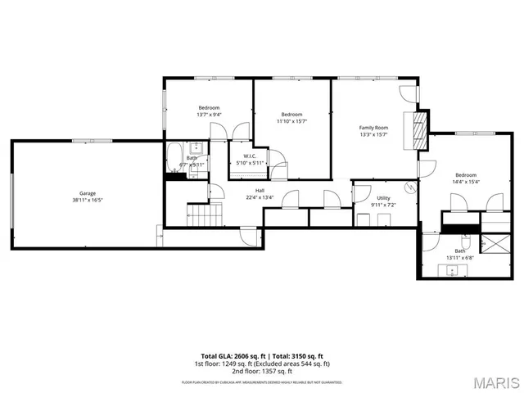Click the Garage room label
pos(87,193)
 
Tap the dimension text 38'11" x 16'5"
pos(87,200)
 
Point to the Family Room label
pos(373,128)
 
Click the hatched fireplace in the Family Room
pos(420,128)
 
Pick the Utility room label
pos(383,198)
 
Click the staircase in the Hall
pos(205,216)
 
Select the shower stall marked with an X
pos(494,244)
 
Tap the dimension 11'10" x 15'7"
pos(291,121)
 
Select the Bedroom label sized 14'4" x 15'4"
pos(466,175)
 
